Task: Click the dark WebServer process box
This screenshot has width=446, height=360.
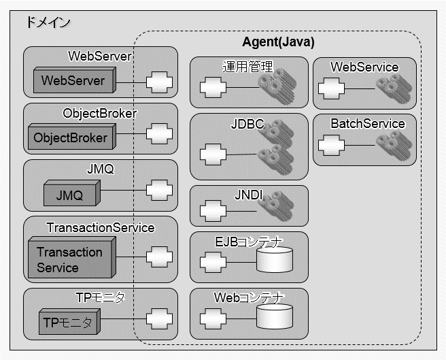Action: [x=73, y=81]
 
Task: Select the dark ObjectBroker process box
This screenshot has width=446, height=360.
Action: [x=71, y=137]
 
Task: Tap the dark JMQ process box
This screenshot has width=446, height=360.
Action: [x=70, y=195]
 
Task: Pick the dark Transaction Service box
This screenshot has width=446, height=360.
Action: [x=69, y=260]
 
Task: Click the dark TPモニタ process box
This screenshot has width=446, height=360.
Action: [x=69, y=322]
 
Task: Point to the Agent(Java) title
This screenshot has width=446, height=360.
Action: [x=278, y=42]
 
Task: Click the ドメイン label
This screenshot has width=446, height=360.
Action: [x=48, y=22]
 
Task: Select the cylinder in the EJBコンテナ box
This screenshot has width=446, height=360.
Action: [x=274, y=259]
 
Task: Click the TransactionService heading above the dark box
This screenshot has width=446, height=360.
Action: [x=101, y=227]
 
